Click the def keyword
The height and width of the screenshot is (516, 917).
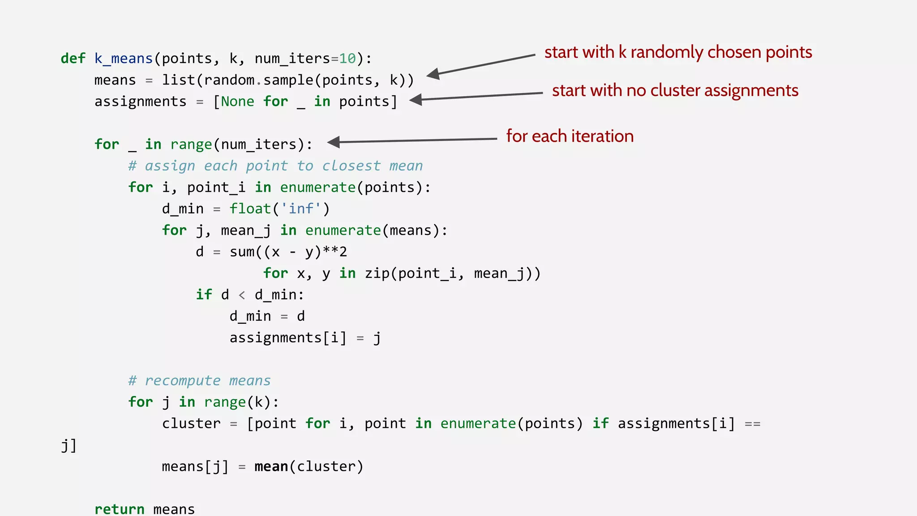[73, 59]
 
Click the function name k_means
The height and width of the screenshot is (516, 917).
[124, 59]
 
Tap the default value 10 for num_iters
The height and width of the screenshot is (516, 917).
[347, 59]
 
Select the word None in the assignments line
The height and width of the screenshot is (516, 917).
[237, 102]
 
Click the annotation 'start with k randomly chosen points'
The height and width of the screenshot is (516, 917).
[678, 52]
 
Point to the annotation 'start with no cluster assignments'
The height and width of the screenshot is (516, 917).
[675, 90]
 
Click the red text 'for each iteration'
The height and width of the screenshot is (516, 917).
[570, 136]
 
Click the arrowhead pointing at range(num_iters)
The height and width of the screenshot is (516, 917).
[334, 142]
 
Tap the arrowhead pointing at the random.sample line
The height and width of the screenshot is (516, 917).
[433, 74]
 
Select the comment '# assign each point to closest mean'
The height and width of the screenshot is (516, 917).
[275, 166]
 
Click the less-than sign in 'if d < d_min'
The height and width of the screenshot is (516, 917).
[242, 295]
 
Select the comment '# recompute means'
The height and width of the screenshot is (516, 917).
[199, 381]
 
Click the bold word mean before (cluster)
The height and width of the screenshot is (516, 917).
[271, 467]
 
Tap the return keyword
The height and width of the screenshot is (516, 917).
[119, 509]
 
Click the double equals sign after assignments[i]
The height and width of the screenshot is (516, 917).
[752, 424]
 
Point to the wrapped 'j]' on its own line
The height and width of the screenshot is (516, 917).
[69, 445]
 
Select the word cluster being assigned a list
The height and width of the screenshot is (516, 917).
[191, 424]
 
